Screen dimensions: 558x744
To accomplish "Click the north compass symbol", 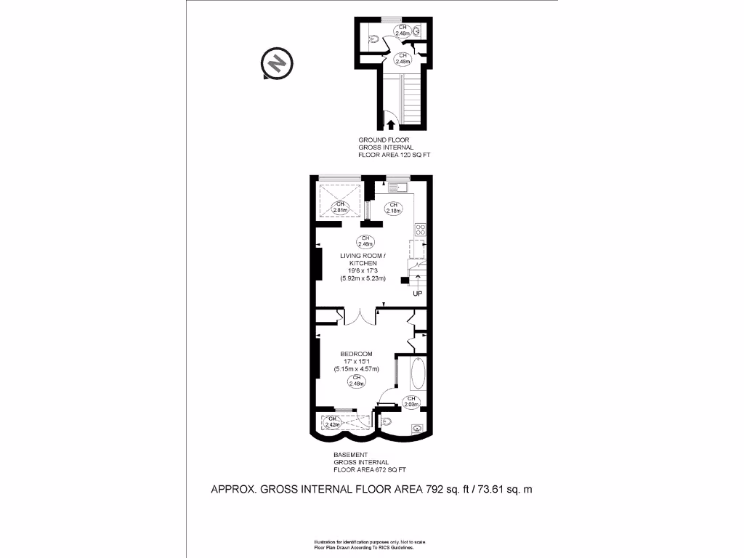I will [276, 64].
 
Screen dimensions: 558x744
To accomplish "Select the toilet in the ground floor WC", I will [372, 40].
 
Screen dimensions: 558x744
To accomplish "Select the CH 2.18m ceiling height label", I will [393, 208].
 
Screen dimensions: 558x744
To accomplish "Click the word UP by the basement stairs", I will [417, 294].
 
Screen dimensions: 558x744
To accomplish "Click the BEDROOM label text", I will [356, 354].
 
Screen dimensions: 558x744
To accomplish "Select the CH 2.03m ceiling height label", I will [411, 402].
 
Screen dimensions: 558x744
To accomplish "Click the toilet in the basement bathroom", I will [387, 421].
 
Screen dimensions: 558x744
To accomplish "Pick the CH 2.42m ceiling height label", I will [333, 422].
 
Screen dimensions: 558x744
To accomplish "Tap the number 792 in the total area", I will [436, 490].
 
